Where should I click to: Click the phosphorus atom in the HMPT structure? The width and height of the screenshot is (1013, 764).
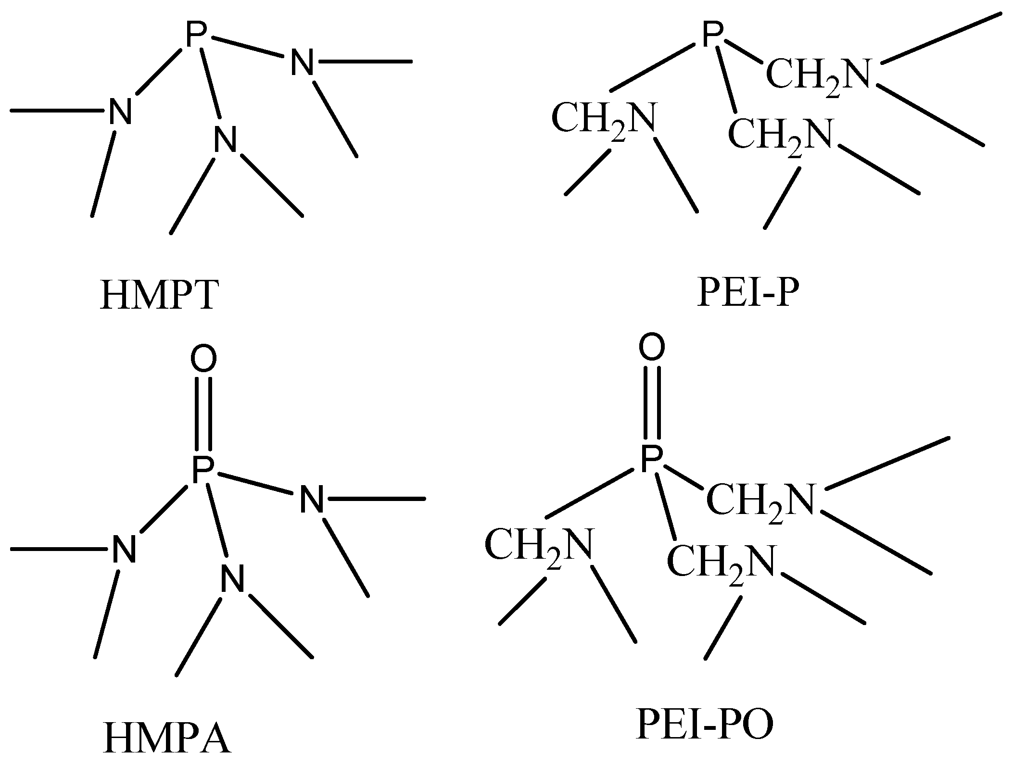[196, 35]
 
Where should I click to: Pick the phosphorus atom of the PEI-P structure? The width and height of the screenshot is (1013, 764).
[712, 34]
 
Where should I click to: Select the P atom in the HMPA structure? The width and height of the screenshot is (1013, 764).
[203, 469]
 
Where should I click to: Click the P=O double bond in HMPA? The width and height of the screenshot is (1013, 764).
[203, 413]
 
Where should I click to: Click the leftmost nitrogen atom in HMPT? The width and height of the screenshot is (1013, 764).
[120, 111]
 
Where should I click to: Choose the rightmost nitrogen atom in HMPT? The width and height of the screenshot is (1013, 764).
[303, 62]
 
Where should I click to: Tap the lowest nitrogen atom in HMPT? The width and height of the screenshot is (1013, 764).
[225, 139]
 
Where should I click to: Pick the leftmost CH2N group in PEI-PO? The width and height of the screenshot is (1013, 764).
[538, 547]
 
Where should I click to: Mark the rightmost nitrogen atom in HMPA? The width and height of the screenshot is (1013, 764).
[311, 499]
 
